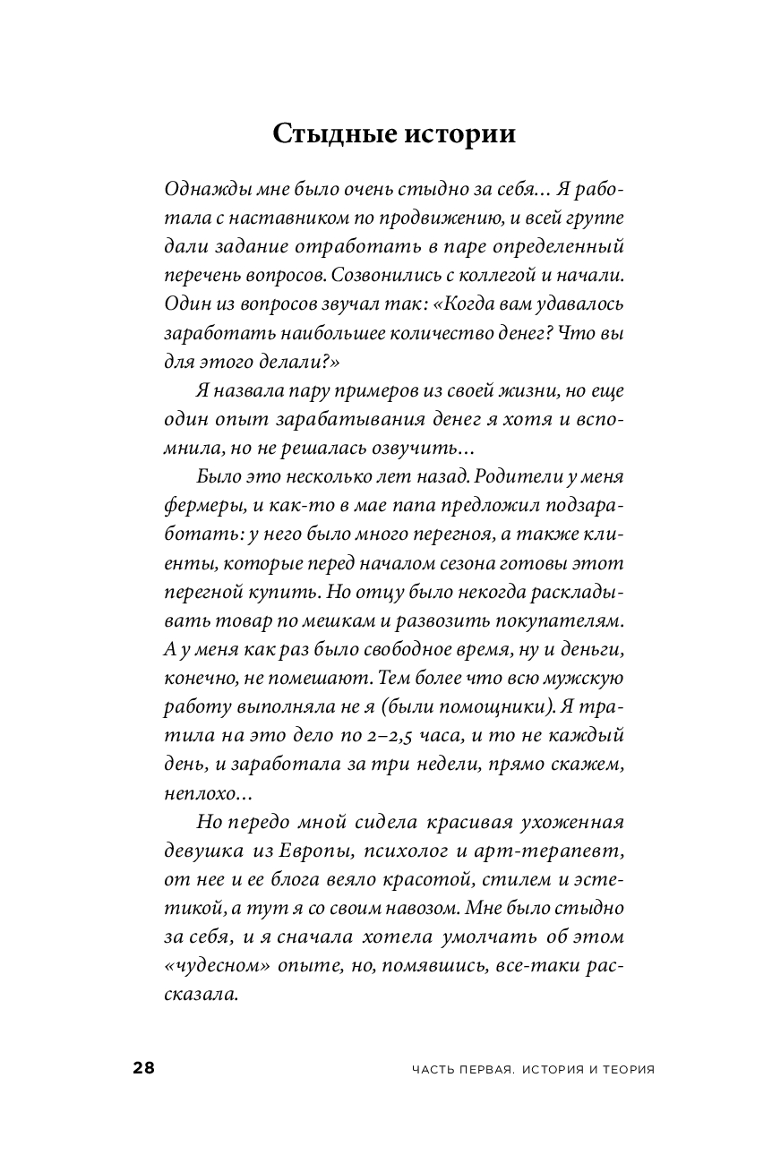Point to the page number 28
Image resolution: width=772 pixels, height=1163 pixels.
click(x=143, y=1068)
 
